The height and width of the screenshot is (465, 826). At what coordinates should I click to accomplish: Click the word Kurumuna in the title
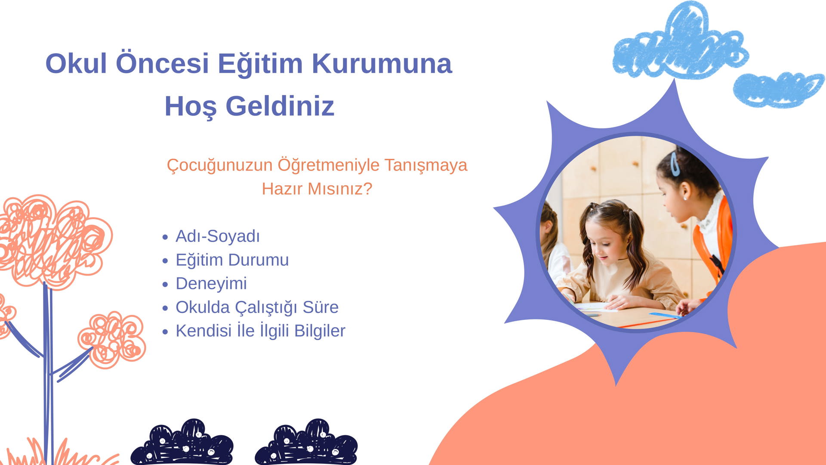(x=382, y=63)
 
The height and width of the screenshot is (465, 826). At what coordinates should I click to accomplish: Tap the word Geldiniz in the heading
(x=280, y=106)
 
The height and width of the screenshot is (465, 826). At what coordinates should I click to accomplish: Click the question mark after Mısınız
(x=367, y=189)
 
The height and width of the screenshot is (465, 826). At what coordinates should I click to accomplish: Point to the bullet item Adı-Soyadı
(x=218, y=236)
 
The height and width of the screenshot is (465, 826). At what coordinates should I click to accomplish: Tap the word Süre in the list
(x=321, y=307)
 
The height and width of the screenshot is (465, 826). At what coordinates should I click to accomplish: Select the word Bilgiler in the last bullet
(x=320, y=331)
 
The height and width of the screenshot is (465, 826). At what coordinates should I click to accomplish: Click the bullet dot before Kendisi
(x=165, y=332)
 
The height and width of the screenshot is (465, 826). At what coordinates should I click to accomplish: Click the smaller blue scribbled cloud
(x=778, y=90)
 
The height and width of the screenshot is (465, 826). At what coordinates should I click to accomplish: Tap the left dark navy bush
(x=182, y=443)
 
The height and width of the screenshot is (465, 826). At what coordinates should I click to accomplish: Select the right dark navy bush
(x=306, y=443)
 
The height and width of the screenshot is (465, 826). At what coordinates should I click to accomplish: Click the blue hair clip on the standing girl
(x=675, y=164)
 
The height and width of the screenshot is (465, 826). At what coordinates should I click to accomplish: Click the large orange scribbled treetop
(x=54, y=241)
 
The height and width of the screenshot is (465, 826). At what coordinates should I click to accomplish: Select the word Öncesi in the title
(x=162, y=63)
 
